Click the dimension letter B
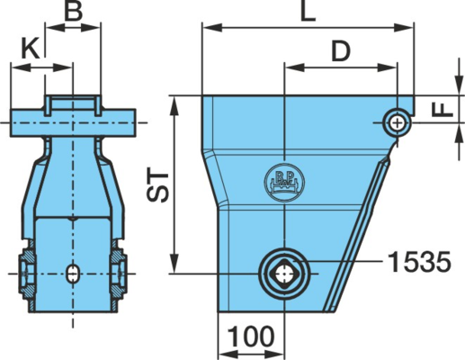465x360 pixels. tap(74, 11)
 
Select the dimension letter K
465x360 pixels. tap(31, 49)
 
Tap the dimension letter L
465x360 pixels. tap(309, 12)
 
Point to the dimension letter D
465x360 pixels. tap(341, 50)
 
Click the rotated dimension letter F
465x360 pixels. tap(443, 109)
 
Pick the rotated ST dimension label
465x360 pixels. tap(158, 186)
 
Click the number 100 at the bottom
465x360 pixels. tap(251, 337)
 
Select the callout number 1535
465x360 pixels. tap(419, 262)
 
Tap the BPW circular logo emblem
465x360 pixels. tap(284, 183)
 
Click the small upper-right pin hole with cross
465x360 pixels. tap(398, 123)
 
